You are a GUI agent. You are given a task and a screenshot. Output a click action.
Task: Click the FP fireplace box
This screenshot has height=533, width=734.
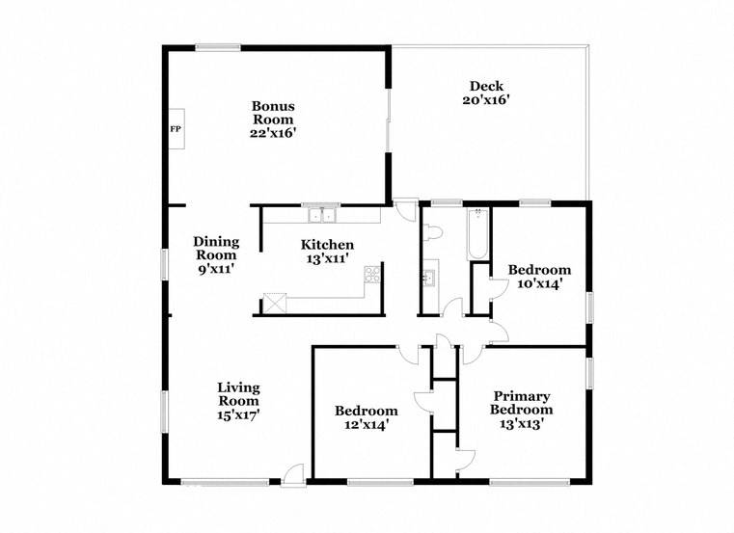click(176, 128)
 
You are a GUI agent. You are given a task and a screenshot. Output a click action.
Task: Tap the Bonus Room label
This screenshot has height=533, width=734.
click(273, 113)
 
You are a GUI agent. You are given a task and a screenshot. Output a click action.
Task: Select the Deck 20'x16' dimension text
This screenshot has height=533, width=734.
click(485, 99)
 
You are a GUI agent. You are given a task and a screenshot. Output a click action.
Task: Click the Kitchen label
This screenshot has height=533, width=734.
click(327, 245)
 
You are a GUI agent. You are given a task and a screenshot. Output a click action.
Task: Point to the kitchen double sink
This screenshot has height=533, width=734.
click(317, 213)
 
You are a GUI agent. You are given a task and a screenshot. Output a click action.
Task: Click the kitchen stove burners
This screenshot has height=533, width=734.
click(371, 278)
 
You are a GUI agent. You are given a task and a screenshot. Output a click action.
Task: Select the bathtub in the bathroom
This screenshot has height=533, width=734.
click(476, 236)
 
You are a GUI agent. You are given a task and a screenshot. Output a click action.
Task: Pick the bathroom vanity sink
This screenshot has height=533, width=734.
click(429, 279)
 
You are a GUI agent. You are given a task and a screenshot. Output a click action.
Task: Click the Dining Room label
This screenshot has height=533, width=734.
click(215, 249)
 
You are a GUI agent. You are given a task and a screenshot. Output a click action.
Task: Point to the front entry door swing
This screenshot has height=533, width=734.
click(294, 472)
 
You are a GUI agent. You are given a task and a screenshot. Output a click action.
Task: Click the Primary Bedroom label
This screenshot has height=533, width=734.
click(521, 403)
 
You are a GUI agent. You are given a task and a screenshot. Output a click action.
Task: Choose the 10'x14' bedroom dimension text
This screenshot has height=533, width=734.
click(539, 283)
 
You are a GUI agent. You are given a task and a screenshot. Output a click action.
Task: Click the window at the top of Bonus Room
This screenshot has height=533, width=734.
click(218, 45)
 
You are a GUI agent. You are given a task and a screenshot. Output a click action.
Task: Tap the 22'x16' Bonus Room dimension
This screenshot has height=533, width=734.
click(273, 133)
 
